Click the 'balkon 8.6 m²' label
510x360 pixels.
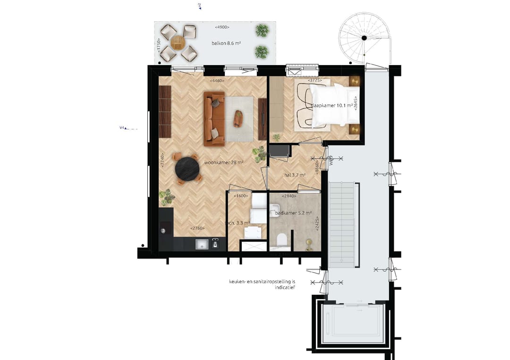point(227,42)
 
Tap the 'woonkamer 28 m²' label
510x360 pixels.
point(223,163)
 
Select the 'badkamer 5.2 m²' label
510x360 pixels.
point(294,213)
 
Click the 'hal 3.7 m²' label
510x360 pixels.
point(295,175)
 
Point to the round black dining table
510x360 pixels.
point(187,168)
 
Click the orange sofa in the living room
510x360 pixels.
point(214,119)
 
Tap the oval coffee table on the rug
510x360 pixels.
point(238,118)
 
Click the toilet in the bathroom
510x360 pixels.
point(283,240)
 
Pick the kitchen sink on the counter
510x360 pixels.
point(202,244)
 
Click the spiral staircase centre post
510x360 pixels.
point(364,38)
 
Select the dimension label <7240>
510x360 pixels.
point(162,160)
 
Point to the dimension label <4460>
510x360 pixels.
point(217,81)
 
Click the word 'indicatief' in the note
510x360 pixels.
point(284,287)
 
